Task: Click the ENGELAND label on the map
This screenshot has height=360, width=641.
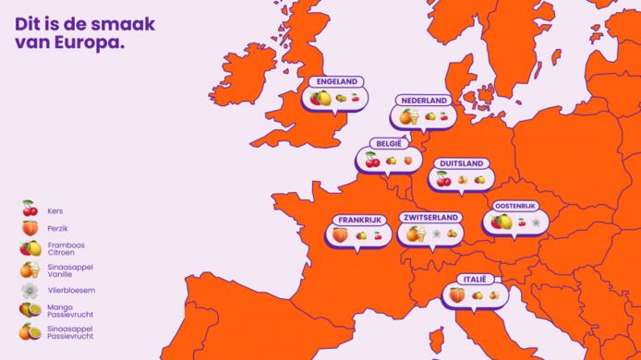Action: (x=337, y=81)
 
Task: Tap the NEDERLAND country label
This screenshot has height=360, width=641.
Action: (x=424, y=100)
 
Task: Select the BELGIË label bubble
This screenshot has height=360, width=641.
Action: (x=389, y=144)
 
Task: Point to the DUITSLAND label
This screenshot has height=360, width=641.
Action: (x=461, y=163)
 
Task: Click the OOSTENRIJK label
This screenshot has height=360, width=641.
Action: (x=515, y=205)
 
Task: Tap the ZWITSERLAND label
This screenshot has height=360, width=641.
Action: (x=431, y=218)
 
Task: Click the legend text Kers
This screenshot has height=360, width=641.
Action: (x=54, y=210)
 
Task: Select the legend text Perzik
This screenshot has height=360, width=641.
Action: (x=57, y=228)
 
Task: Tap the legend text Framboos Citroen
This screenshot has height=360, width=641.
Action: (x=62, y=247)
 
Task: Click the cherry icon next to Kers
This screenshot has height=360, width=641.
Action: (x=30, y=209)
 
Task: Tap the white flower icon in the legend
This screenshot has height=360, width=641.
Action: (x=30, y=290)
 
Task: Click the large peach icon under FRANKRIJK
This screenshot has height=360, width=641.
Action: (x=341, y=235)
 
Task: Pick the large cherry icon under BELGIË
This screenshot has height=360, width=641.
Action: (x=372, y=160)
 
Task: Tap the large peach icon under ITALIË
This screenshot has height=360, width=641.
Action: (x=457, y=295)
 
